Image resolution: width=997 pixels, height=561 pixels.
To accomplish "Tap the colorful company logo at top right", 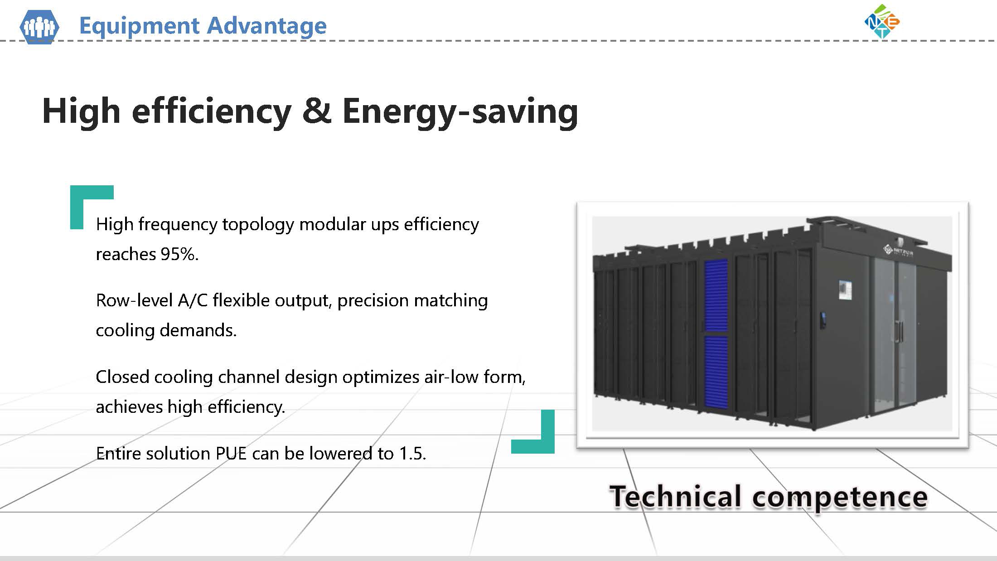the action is pyautogui.click(x=882, y=21).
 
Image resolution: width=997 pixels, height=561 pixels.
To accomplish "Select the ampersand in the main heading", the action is pyautogui.click(x=316, y=111).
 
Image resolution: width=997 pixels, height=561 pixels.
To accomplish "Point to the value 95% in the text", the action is pyautogui.click(x=179, y=254).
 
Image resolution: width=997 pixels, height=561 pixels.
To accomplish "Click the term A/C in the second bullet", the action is pyautogui.click(x=193, y=300).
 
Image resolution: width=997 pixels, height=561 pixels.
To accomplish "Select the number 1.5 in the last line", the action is pyautogui.click(x=412, y=454).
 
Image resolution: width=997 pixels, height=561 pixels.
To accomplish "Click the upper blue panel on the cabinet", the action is pyautogui.click(x=716, y=295).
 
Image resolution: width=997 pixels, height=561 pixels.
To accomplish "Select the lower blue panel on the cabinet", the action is pyautogui.click(x=716, y=372).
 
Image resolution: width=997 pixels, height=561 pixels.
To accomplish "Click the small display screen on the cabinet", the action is pyautogui.click(x=845, y=290).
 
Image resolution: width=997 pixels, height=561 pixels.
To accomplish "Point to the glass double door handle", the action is pyautogui.click(x=898, y=331).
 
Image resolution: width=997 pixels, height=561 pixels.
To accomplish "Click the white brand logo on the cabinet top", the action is pyautogui.click(x=897, y=251).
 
